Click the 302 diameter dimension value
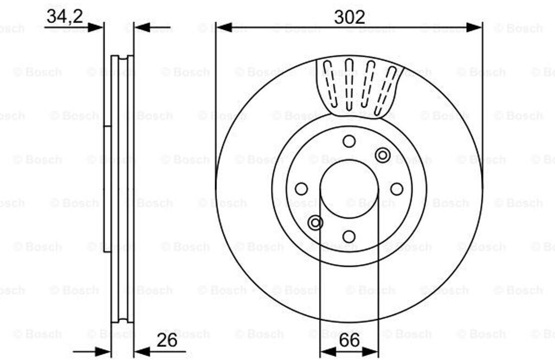(x=349, y=17)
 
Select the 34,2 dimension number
(x=65, y=16)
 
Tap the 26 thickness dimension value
(x=167, y=340)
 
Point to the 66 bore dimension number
(x=349, y=340)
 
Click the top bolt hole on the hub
(x=349, y=142)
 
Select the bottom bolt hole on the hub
(x=349, y=236)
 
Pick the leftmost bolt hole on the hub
(x=301, y=189)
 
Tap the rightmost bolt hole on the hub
(x=397, y=189)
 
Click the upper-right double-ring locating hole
(x=383, y=155)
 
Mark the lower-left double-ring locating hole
(x=315, y=223)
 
